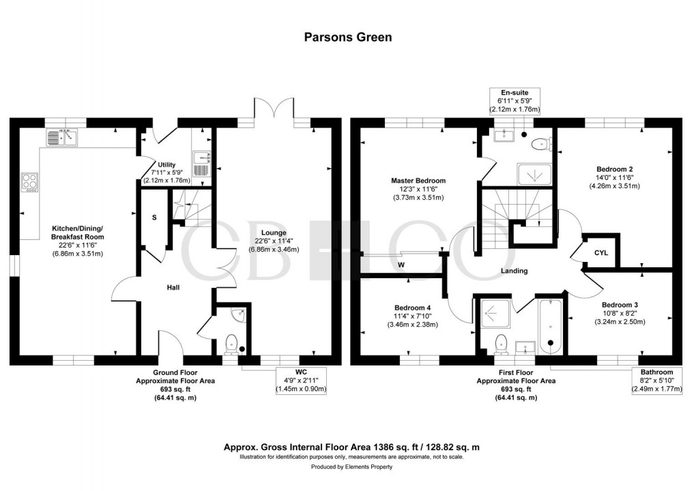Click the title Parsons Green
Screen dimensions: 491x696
pyautogui.click(x=348, y=37)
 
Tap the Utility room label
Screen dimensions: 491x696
pyautogui.click(x=166, y=164)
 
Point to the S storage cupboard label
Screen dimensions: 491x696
pyautogui.click(x=154, y=218)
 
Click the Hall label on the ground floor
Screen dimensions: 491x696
pyautogui.click(x=173, y=288)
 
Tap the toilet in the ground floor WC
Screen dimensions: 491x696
pyautogui.click(x=231, y=342)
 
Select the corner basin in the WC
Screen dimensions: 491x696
pyautogui.click(x=238, y=315)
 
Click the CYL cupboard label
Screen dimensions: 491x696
pyautogui.click(x=600, y=253)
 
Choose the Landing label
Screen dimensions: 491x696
pyautogui.click(x=514, y=271)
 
